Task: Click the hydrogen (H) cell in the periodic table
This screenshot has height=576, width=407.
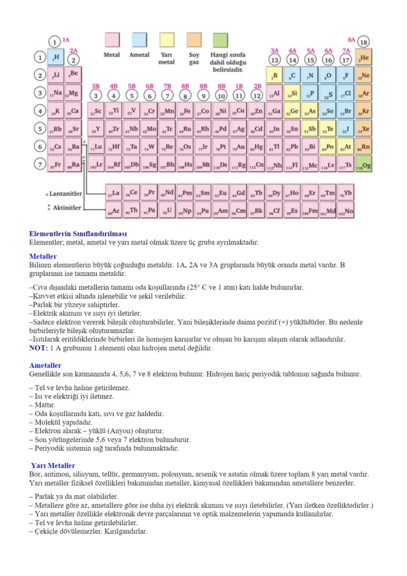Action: (x=56, y=58)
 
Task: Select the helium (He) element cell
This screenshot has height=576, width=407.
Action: (x=364, y=58)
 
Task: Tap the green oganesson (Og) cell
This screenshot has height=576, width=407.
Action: (x=364, y=165)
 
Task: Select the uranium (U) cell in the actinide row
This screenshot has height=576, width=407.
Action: (x=167, y=212)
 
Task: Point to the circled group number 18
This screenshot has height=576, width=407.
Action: (x=364, y=42)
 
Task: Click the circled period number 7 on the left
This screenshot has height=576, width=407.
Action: (x=39, y=165)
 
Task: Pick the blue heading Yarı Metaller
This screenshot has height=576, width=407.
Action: (x=53, y=465)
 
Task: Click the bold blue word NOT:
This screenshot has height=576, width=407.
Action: (x=38, y=348)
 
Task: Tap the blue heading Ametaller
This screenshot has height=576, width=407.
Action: (x=45, y=365)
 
